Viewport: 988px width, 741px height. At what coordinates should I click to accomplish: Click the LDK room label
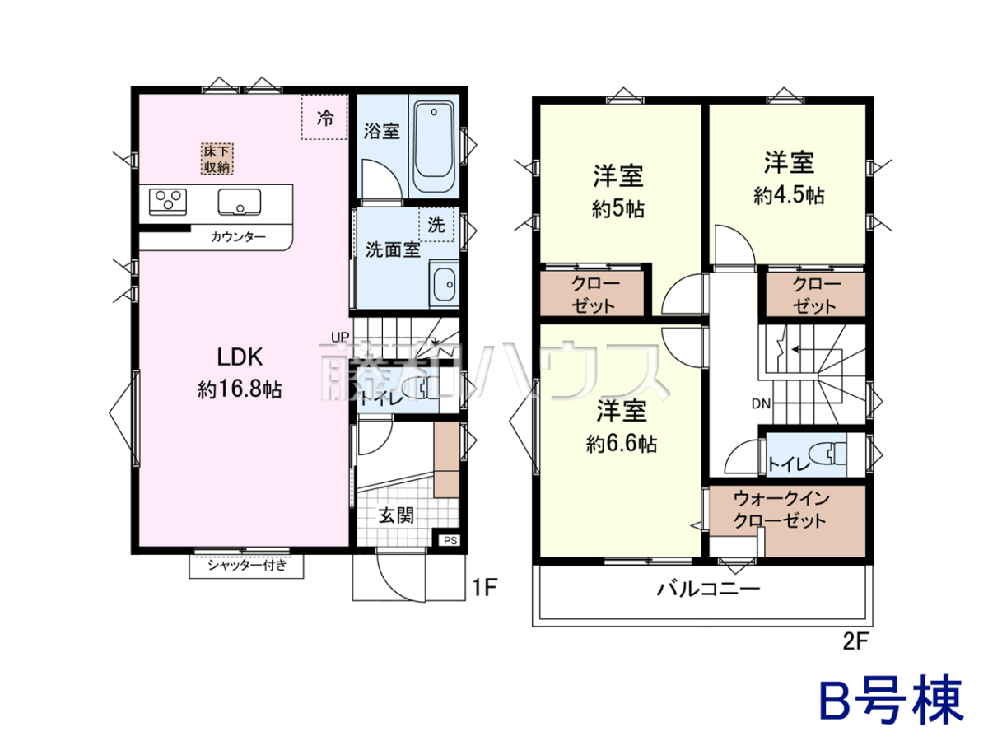pyautogui.click(x=240, y=357)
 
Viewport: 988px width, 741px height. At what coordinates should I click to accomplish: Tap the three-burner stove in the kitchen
pyautogui.click(x=168, y=201)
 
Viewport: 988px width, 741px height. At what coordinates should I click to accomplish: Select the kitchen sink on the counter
pyautogui.click(x=240, y=202)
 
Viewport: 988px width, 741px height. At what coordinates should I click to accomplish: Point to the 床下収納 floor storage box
pyautogui.click(x=217, y=159)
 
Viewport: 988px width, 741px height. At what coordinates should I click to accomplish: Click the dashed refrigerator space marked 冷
pyautogui.click(x=324, y=117)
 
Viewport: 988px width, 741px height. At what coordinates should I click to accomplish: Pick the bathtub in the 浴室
pyautogui.click(x=433, y=147)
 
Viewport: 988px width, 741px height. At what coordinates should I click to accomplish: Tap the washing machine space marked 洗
pyautogui.click(x=436, y=224)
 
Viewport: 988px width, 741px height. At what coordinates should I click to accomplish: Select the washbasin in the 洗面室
pyautogui.click(x=444, y=284)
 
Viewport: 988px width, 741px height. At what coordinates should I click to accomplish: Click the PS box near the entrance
pyautogui.click(x=450, y=540)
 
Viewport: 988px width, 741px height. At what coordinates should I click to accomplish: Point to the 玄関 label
pyautogui.click(x=396, y=515)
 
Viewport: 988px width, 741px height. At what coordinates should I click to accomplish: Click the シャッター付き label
pyautogui.click(x=247, y=565)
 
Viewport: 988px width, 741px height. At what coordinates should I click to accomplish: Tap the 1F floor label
pyautogui.click(x=484, y=587)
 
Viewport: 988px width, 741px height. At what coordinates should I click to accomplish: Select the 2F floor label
pyautogui.click(x=855, y=641)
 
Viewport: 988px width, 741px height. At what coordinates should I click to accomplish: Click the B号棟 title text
pyautogui.click(x=892, y=705)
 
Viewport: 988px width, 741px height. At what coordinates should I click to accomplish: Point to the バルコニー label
pyautogui.click(x=709, y=589)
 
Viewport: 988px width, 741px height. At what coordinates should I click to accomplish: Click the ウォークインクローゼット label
pyautogui.click(x=781, y=510)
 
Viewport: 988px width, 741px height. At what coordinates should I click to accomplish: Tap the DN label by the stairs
pyautogui.click(x=761, y=404)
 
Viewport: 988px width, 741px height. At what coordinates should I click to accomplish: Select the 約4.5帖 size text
pyautogui.click(x=789, y=196)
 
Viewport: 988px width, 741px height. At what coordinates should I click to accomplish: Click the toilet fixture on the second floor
pyautogui.click(x=827, y=454)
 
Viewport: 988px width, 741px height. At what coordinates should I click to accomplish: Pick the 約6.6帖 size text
pyautogui.click(x=622, y=444)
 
